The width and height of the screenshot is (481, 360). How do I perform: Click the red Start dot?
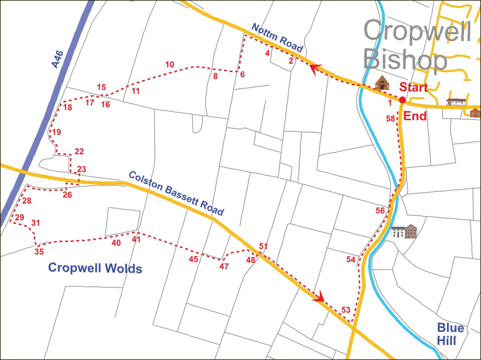coord(402,100)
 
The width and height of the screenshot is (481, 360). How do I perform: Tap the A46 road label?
coord(58,59)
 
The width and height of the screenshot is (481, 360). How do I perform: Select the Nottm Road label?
coord(277,38)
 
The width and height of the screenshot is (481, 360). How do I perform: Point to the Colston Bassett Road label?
coord(176,193)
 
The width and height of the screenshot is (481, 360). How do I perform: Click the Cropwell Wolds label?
coord(95,268)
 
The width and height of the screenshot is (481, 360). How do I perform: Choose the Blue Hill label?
coord(450,334)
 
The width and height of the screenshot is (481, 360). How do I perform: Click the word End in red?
coord(415,116)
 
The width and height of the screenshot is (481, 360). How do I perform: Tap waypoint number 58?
coord(390,119)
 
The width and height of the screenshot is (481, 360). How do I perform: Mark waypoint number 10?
coord(170,64)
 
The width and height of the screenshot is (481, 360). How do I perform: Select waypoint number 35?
coord(39,252)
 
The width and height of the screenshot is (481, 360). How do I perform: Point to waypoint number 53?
coord(346,310)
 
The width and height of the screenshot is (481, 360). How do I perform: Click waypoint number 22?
coord(79,151)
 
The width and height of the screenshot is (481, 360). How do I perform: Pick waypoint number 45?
coord(193,259)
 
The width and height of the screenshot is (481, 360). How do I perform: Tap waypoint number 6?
coord(242,74)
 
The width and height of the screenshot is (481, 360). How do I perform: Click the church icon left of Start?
coord(382,83)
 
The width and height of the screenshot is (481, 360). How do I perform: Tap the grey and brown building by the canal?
coord(404,231)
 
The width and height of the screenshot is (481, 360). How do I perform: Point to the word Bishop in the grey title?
coord(405,60)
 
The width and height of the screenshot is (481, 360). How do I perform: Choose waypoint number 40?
coord(116,243)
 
